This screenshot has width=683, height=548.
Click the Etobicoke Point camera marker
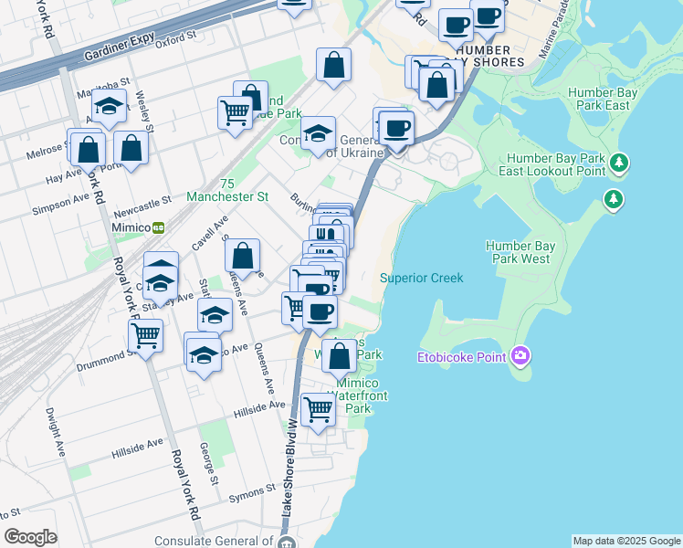coord(520,355)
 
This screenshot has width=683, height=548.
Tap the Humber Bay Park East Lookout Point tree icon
coord(620,163)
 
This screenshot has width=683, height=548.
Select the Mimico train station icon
coord(159,227)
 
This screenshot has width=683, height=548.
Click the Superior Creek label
coord(422,278)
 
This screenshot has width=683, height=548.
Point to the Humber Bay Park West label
coord(518,252)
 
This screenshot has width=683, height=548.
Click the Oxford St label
coord(176,40)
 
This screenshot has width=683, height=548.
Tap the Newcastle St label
coord(141,201)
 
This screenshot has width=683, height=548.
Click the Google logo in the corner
coord(30,537)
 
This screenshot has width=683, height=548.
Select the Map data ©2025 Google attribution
coord(626,541)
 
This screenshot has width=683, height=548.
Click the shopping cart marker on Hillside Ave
coord(317,409)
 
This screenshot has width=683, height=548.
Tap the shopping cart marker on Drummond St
coord(145,335)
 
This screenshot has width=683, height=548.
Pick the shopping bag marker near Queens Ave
coord(243,256)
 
